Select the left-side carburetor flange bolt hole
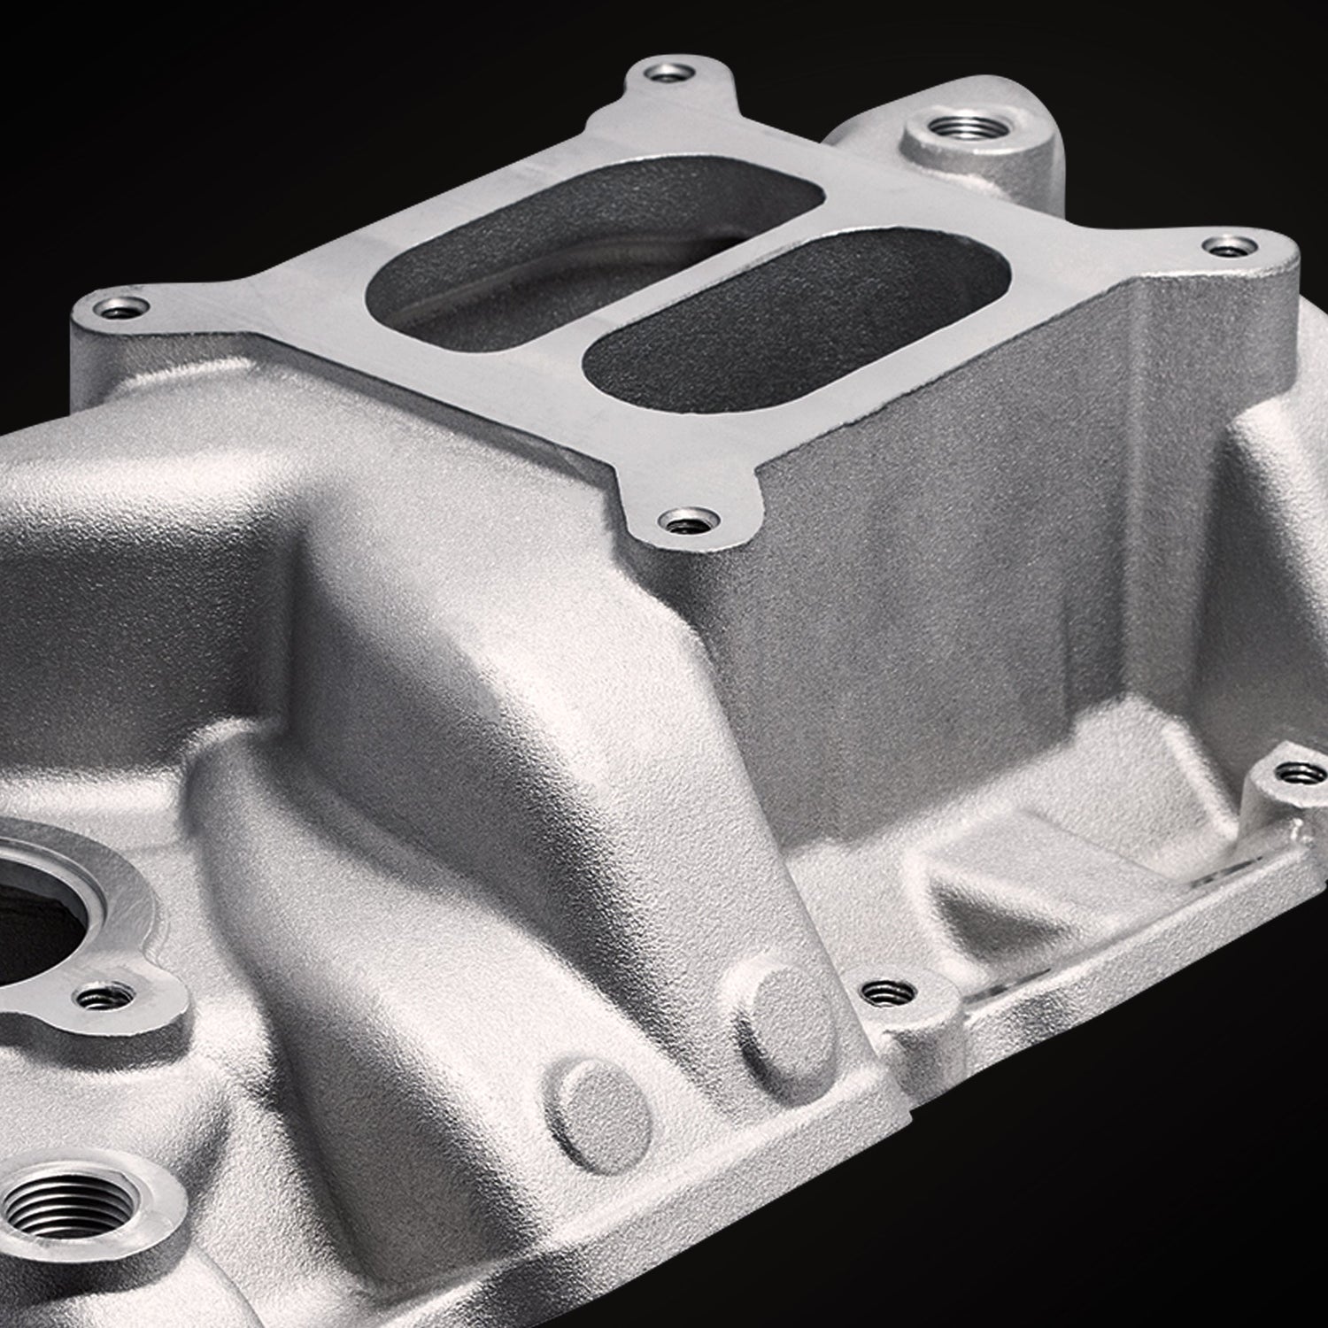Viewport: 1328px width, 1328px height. tap(117, 309)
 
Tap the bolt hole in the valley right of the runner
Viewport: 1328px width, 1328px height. tap(877, 992)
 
